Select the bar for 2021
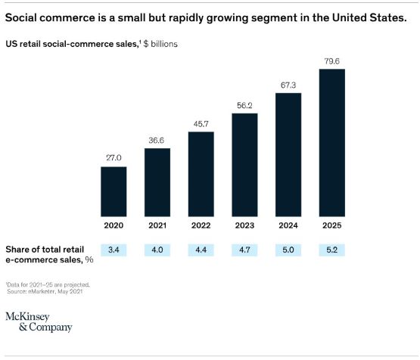[x=157, y=182]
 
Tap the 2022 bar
[x=201, y=174]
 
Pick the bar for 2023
[x=244, y=165]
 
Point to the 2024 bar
[x=288, y=155]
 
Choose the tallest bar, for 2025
[x=332, y=143]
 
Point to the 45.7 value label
[x=201, y=123]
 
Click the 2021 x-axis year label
[x=157, y=226]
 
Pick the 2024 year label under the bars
[x=288, y=226]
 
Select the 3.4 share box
[x=114, y=250]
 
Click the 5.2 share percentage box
[x=332, y=250]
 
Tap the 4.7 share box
[x=244, y=250]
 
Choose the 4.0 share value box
[x=157, y=250]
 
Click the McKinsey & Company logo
[x=39, y=321]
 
